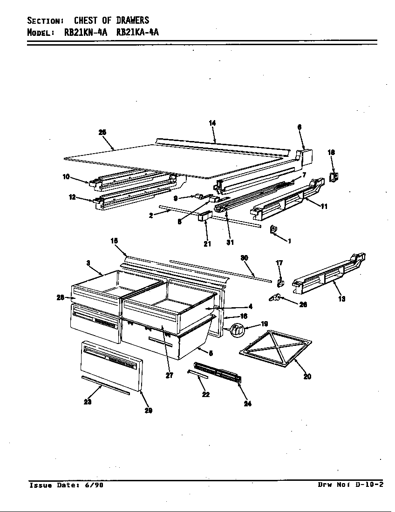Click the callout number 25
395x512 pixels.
tap(102, 133)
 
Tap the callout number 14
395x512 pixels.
tap(212, 123)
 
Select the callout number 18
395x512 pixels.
tap(331, 152)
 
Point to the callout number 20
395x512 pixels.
tap(307, 377)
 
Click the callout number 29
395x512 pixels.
tap(148, 411)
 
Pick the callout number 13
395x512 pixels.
tap(342, 299)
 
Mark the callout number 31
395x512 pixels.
tap(230, 243)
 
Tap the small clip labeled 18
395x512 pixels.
tap(334, 176)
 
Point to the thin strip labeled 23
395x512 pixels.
tap(105, 385)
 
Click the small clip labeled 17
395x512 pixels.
tap(281, 283)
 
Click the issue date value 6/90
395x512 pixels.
tap(95, 485)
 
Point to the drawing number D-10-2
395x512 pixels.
tap(369, 485)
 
